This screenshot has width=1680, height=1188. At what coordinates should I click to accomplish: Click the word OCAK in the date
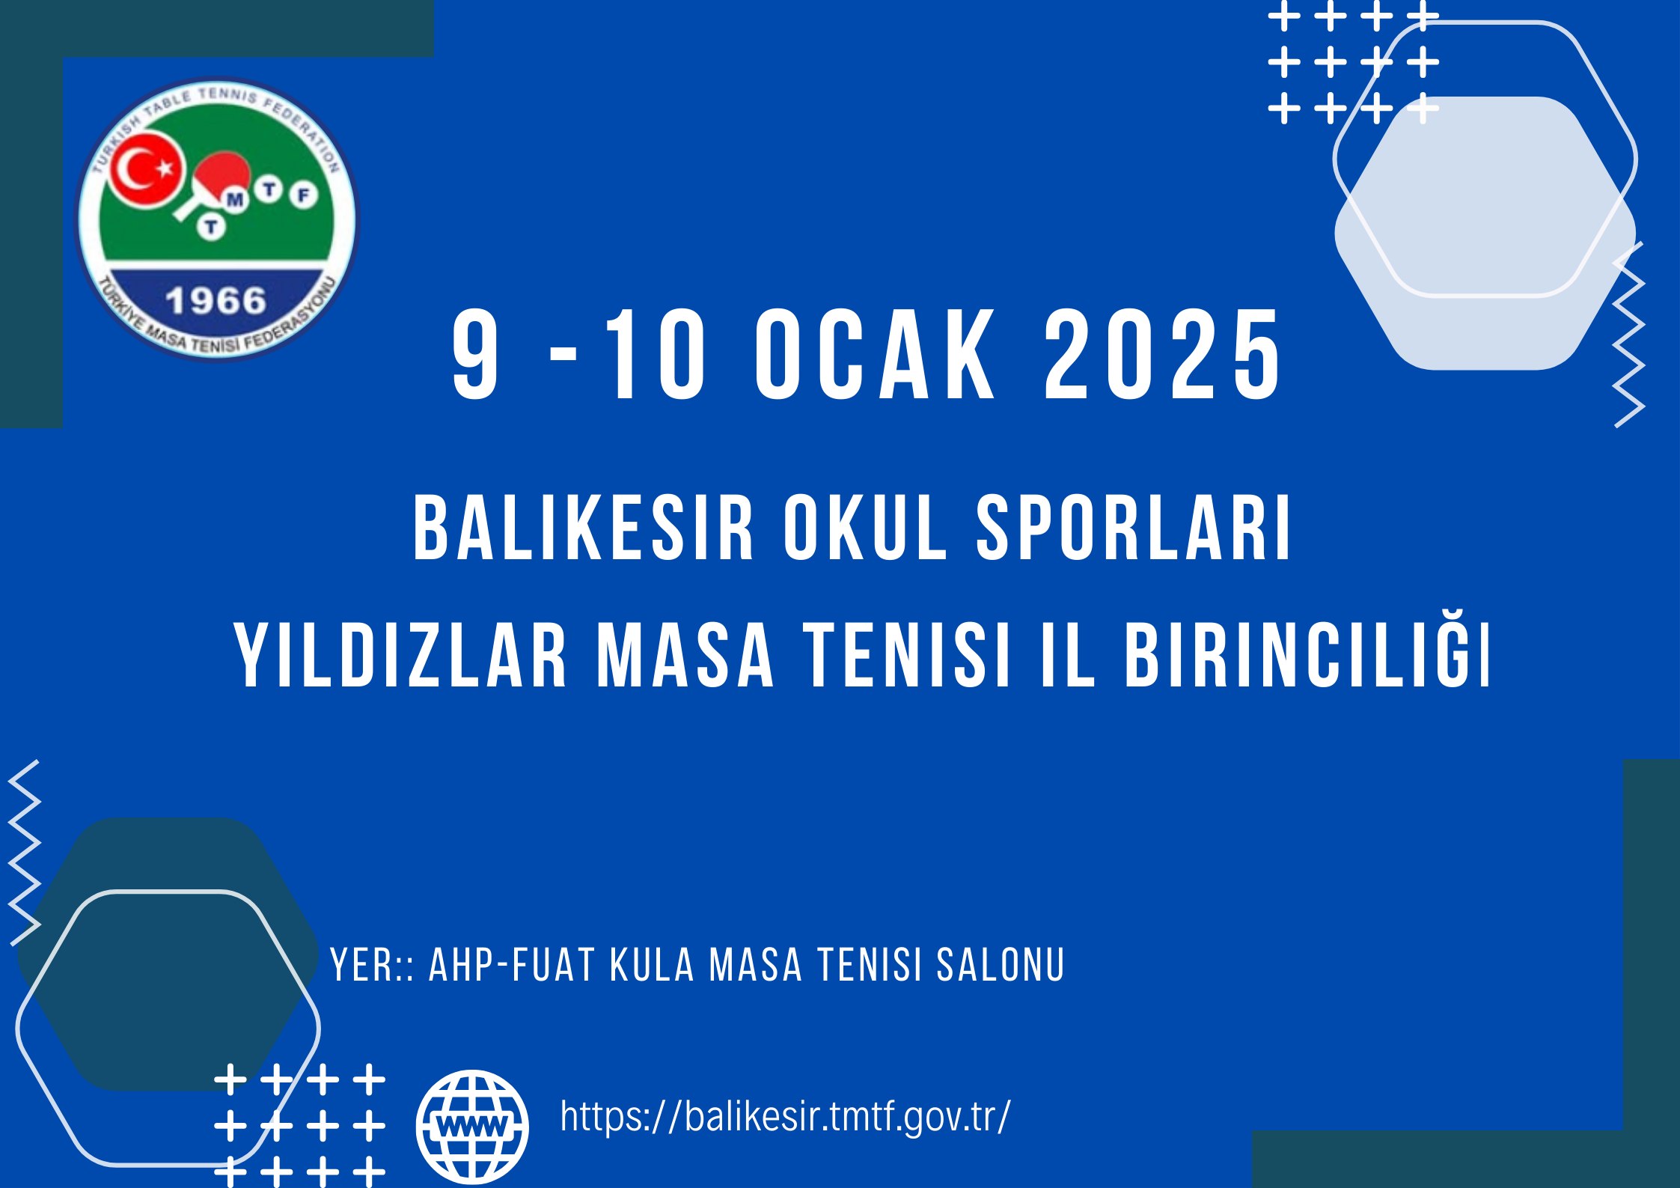pyautogui.click(x=875, y=354)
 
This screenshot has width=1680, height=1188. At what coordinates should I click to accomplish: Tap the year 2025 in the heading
pyautogui.click(x=1162, y=354)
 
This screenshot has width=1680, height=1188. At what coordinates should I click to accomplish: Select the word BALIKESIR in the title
pyautogui.click(x=583, y=528)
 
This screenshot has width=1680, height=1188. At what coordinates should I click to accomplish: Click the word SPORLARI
pyautogui.click(x=1134, y=528)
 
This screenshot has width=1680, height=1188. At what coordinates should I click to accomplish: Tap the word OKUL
pyautogui.click(x=865, y=528)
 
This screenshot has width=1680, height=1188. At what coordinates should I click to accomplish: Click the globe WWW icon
pyautogui.click(x=472, y=1126)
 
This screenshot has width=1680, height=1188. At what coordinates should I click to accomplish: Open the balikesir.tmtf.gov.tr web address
pyautogui.click(x=785, y=1116)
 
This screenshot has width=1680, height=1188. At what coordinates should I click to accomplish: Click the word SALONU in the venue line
pyautogui.click(x=1001, y=965)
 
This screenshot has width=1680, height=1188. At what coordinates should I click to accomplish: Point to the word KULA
pyautogui.click(x=653, y=965)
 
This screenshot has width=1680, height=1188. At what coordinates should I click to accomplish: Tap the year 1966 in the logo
pyautogui.click(x=216, y=301)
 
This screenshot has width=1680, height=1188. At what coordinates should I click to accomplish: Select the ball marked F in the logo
pyautogui.click(x=304, y=196)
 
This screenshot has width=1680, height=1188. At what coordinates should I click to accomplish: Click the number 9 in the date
pyautogui.click(x=475, y=354)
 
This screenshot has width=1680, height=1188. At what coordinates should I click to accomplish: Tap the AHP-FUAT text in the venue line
pyautogui.click(x=512, y=965)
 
